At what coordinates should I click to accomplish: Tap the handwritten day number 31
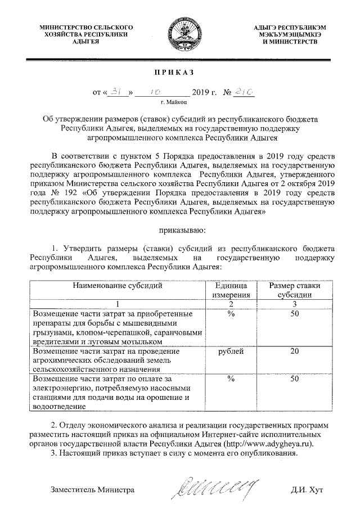tap(116, 92)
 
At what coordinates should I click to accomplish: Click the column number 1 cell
tap(118, 304)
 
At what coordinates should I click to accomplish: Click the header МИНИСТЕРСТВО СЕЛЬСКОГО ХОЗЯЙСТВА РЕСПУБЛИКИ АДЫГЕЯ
tap(85, 34)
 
